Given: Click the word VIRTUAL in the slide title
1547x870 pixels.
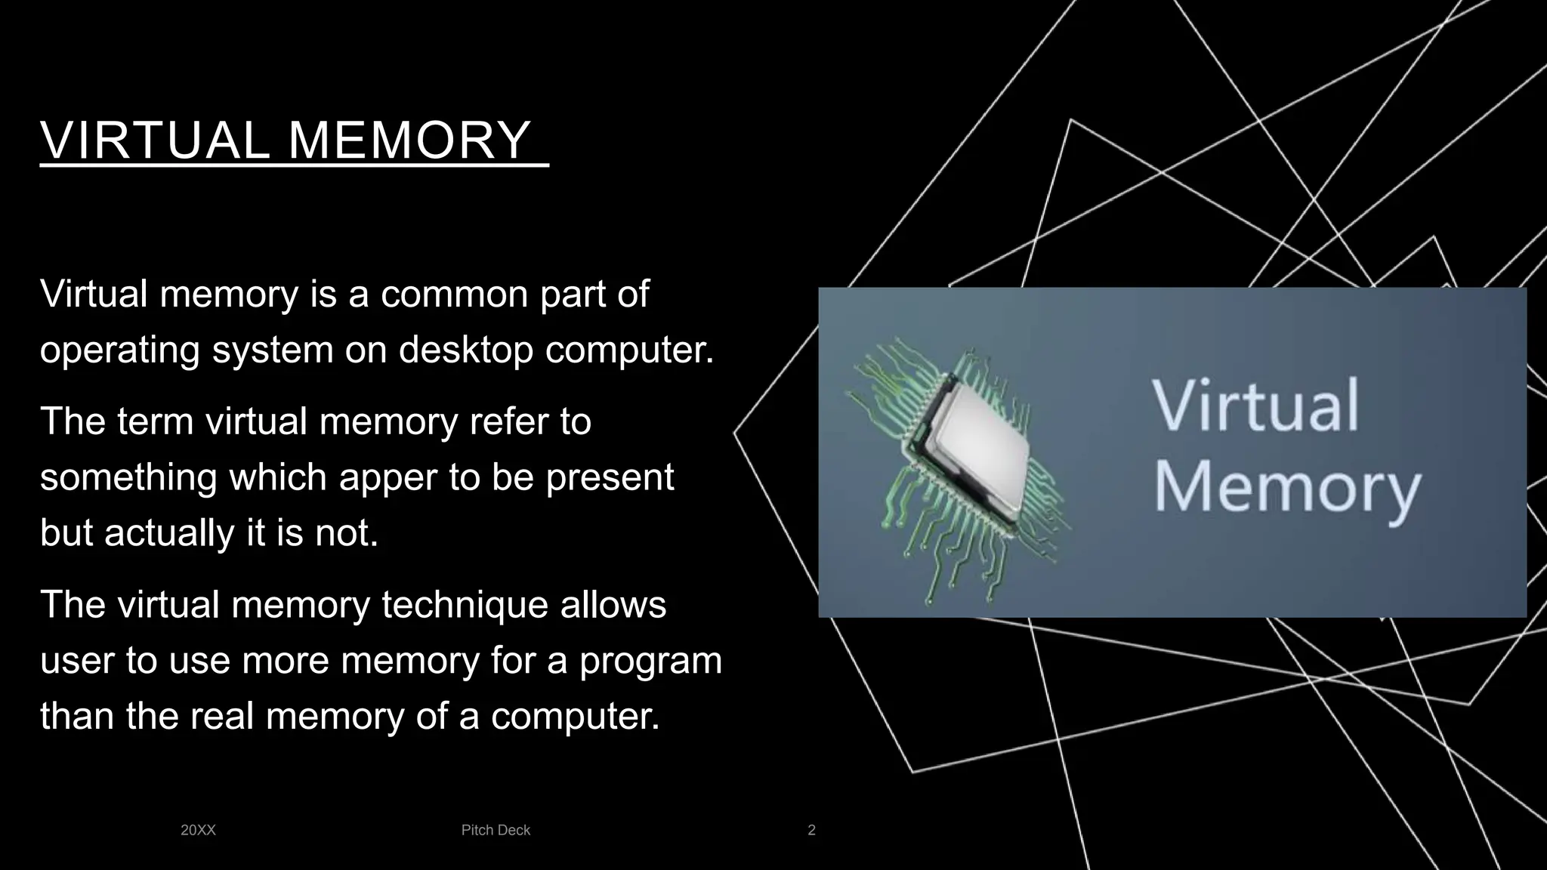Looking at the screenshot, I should pyautogui.click(x=155, y=140).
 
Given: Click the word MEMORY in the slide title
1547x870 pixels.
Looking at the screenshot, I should pyautogui.click(x=409, y=140).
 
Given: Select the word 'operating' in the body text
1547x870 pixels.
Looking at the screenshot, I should pyautogui.click(x=120, y=350).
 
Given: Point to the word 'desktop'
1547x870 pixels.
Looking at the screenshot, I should pyautogui.click(x=466, y=350).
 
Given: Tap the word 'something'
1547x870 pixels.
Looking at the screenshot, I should pyautogui.click(x=128, y=477).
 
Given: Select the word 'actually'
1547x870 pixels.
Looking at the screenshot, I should pyautogui.click(x=170, y=533).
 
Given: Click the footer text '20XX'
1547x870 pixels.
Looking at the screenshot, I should pyautogui.click(x=198, y=830).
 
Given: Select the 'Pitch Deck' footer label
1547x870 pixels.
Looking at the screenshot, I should pyautogui.click(x=496, y=830).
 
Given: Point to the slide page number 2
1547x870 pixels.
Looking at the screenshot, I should pyautogui.click(x=811, y=830).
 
